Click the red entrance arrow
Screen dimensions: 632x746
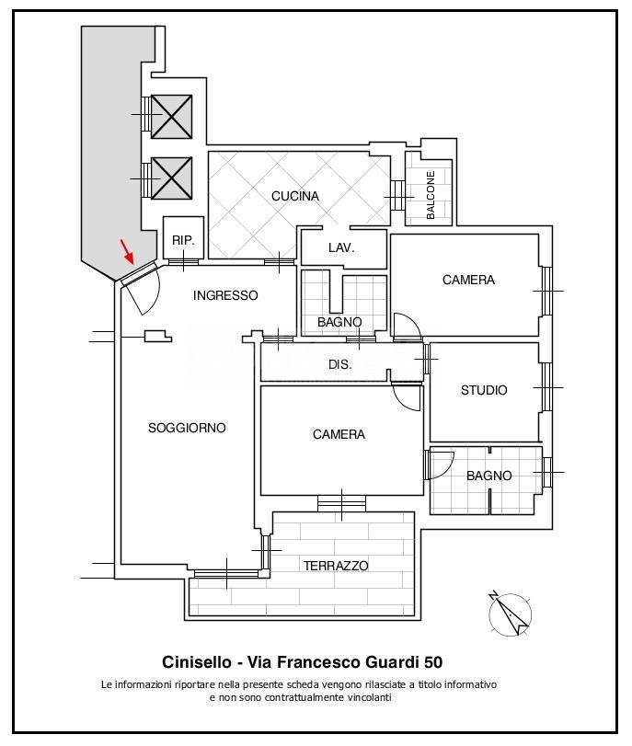[127, 251]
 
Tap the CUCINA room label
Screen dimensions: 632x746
[295, 196]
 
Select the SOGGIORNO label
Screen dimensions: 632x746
[187, 428]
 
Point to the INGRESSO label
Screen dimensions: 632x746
[225, 295]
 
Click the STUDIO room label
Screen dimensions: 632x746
[484, 390]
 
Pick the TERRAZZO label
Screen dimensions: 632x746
[336, 566]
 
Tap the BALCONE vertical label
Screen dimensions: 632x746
[431, 195]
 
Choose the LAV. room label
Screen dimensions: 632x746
[341, 247]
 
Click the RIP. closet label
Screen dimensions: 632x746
[183, 241]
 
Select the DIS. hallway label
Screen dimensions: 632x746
[340, 365]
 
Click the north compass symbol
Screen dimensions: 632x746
[510, 614]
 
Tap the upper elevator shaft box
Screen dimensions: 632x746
[172, 117]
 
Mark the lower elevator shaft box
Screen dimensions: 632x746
[172, 178]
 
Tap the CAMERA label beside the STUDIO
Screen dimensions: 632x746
[469, 280]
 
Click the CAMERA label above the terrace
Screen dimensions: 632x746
[339, 434]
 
